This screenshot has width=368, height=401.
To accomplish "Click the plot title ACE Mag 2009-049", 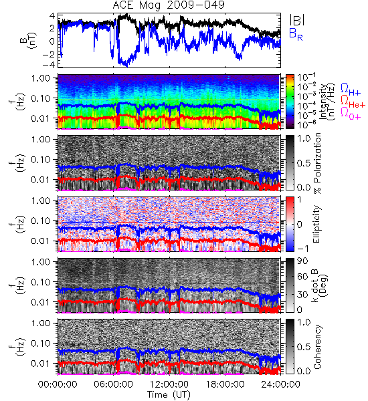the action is pyautogui.click(x=169, y=5).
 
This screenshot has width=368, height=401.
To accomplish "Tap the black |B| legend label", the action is pyautogui.click(x=297, y=20).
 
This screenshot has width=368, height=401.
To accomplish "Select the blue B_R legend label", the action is pyautogui.click(x=296, y=34).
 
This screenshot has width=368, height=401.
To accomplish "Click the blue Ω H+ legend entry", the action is pyautogui.click(x=351, y=90).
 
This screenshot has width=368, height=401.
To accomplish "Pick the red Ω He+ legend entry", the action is pyautogui.click(x=353, y=101).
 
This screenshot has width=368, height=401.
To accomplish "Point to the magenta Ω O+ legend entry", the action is pyautogui.click(x=351, y=113).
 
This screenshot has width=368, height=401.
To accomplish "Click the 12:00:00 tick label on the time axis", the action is pyautogui.click(x=169, y=384).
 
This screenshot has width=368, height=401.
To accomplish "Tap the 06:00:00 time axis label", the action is pyautogui.click(x=114, y=384).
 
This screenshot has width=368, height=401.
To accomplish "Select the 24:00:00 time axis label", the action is pyautogui.click(x=280, y=384).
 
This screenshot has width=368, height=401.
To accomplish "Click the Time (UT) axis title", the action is pyautogui.click(x=169, y=394).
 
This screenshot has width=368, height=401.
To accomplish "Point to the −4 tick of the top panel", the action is pyautogui.click(x=48, y=64).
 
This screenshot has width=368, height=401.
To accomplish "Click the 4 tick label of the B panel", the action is pyautogui.click(x=52, y=16).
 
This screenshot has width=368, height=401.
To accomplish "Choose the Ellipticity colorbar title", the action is pyautogui.click(x=316, y=225).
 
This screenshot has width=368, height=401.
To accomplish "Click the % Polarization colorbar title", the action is pyautogui.click(x=317, y=163).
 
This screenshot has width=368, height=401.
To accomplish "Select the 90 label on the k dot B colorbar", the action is pyautogui.click(x=302, y=261).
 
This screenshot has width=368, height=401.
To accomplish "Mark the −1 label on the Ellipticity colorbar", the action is pyautogui.click(x=302, y=249).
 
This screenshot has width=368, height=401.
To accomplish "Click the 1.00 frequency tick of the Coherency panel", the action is pyautogui.click(x=41, y=323).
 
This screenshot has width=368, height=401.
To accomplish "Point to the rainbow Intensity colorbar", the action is pyautogui.click(x=290, y=102).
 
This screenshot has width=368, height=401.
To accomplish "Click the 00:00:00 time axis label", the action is pyautogui.click(x=58, y=384).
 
